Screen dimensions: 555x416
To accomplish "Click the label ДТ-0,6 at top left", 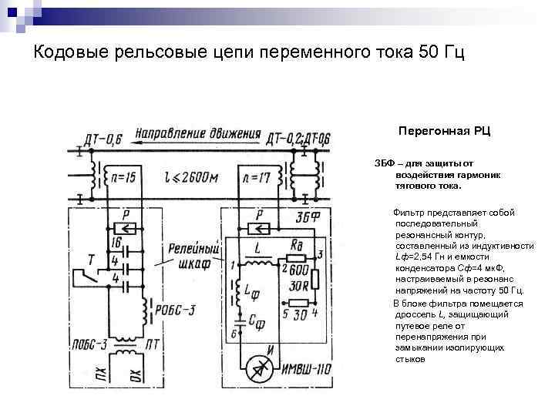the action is coord(103,139).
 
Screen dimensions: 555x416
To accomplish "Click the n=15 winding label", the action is coord(121,178).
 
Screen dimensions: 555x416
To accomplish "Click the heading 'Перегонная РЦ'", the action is coord(444,132).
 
